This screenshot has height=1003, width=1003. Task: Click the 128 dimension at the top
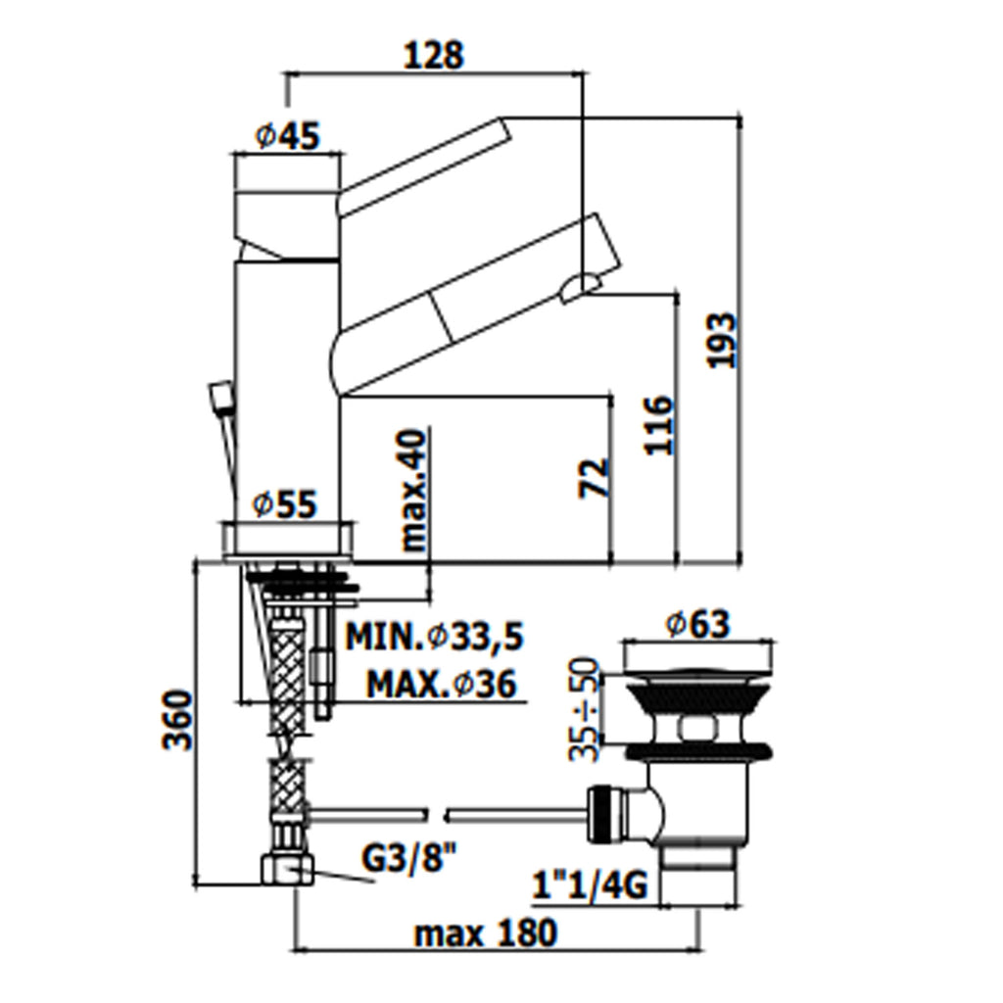coord(433,55)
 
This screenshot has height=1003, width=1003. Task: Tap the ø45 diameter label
coord(287,135)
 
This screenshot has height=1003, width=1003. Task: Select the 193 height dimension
coord(721,340)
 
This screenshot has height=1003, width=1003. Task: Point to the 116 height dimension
coord(659,425)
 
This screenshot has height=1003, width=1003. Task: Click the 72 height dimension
coord(594,477)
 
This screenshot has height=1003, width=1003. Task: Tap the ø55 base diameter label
coord(285,504)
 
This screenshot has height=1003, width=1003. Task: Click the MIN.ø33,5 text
coord(435,637)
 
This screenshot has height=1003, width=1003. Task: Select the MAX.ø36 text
coord(441,685)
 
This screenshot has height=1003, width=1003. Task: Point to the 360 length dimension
coord(176,720)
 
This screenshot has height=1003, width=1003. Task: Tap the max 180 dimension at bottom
coord(486,933)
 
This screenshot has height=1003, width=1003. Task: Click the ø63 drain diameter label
coord(697,624)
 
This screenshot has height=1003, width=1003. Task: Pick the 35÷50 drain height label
coord(584,708)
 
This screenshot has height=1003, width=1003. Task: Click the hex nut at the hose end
coord(288,870)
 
